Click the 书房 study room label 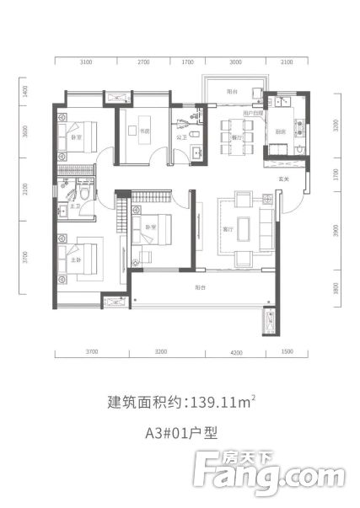pos(134,131)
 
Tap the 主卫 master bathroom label pos(74,194)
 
